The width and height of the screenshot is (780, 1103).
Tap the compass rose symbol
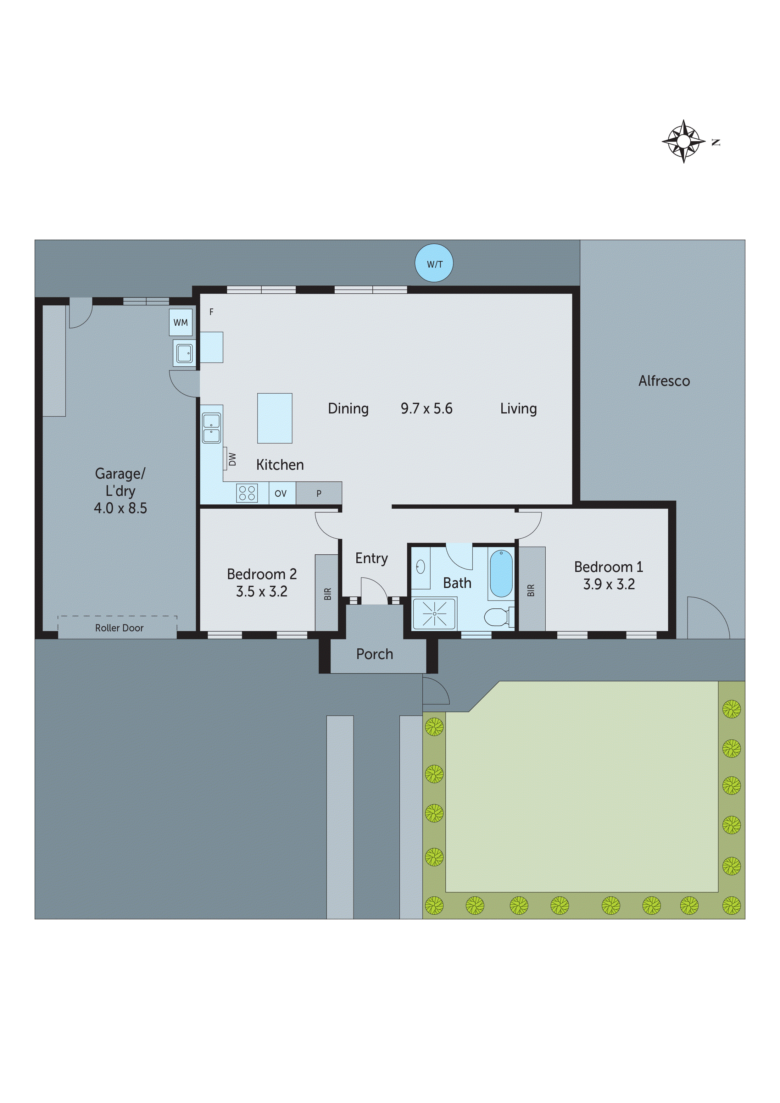[683, 141]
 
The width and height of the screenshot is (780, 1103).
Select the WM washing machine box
[181, 322]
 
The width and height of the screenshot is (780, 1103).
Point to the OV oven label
[281, 493]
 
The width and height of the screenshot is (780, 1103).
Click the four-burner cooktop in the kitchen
[247, 493]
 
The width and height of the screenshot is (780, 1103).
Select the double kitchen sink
[211, 428]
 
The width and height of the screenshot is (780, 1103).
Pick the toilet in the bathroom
[496, 617]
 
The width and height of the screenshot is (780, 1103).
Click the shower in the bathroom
[434, 613]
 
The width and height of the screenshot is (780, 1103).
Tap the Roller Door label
[119, 628]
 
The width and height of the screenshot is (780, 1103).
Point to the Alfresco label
[664, 381]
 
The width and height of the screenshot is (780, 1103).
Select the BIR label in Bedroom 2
[328, 594]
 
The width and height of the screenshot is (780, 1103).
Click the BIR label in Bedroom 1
[531, 590]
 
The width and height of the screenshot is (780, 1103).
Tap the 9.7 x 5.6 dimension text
[426, 408]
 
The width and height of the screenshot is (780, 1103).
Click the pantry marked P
[319, 493]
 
